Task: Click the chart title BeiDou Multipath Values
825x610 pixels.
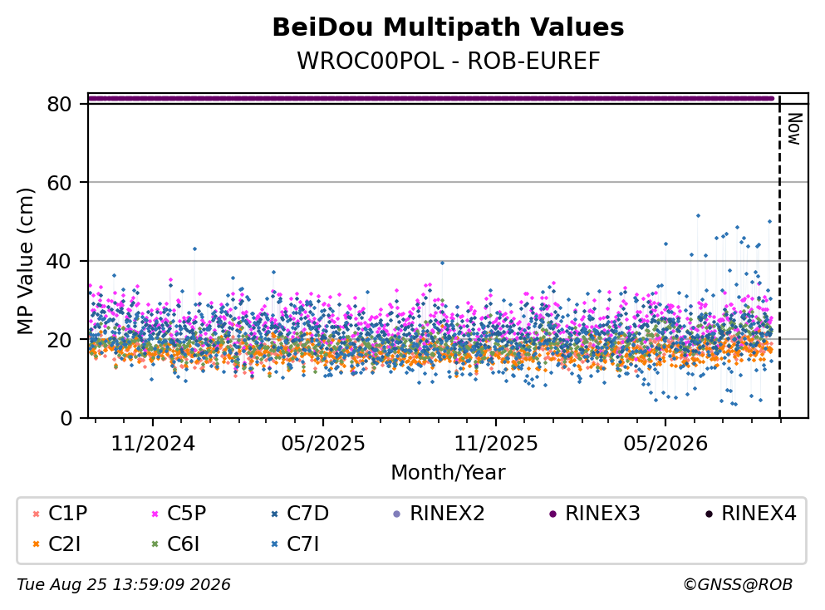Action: [448, 27]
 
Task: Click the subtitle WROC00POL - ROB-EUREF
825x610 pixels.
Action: [449, 61]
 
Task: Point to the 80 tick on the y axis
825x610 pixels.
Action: [59, 104]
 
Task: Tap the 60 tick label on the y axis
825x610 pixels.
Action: [59, 183]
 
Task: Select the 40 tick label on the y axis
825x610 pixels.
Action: [59, 261]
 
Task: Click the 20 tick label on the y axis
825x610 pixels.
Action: [59, 339]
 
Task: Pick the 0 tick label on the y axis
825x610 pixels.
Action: [66, 418]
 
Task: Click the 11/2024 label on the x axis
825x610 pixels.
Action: [153, 444]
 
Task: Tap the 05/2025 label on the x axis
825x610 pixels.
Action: [322, 444]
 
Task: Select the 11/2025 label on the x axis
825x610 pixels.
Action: [496, 444]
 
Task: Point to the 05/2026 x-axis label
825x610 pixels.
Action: [665, 444]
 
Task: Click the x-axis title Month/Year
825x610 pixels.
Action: [448, 473]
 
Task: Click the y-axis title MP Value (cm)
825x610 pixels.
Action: [25, 261]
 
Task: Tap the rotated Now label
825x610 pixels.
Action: [794, 129]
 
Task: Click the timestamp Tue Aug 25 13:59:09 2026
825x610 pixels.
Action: [124, 585]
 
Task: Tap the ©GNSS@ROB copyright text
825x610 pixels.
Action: [738, 585]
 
